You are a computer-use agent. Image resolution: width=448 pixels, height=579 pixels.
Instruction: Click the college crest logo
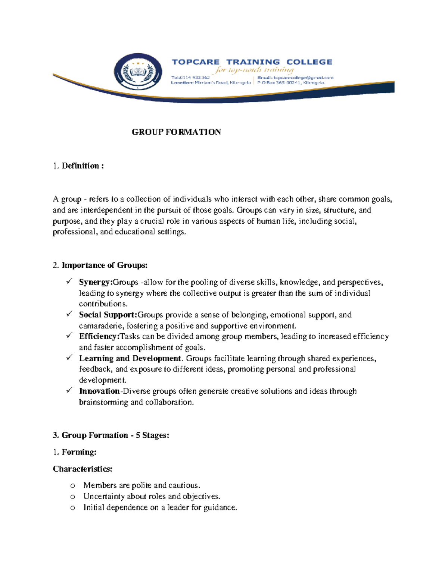(138, 72)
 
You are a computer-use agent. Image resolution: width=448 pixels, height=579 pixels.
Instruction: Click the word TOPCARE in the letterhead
(195, 62)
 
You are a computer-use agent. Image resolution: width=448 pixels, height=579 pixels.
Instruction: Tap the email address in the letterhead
(303, 78)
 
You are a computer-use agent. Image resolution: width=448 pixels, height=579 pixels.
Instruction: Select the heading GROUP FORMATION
(176, 132)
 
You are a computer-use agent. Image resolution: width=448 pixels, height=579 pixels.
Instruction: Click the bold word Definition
(80, 166)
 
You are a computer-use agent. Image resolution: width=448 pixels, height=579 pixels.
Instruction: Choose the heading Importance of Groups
(105, 265)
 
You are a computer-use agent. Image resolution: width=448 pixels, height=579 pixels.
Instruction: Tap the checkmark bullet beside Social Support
(69, 314)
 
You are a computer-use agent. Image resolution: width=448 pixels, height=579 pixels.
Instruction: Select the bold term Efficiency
(99, 337)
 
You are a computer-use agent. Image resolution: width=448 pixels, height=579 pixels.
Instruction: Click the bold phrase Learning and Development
(130, 359)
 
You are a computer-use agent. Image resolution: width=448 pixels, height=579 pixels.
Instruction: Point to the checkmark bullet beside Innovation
(69, 390)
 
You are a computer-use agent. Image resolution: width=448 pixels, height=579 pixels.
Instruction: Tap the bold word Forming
(79, 452)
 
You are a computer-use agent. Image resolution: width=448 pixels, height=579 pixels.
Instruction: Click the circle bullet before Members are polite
(73, 486)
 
